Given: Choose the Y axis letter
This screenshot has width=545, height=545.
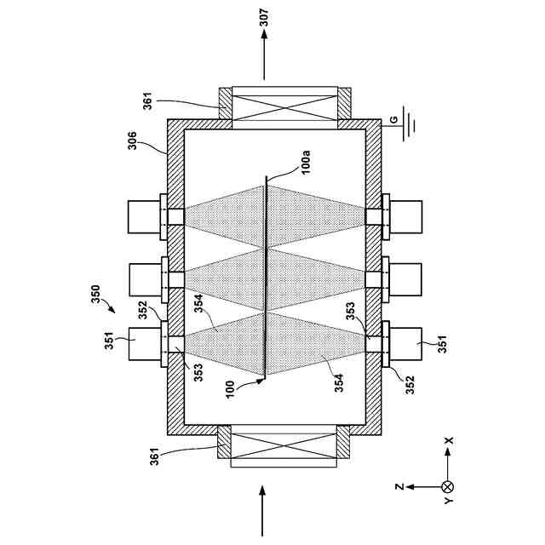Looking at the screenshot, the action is click(x=449, y=502).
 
